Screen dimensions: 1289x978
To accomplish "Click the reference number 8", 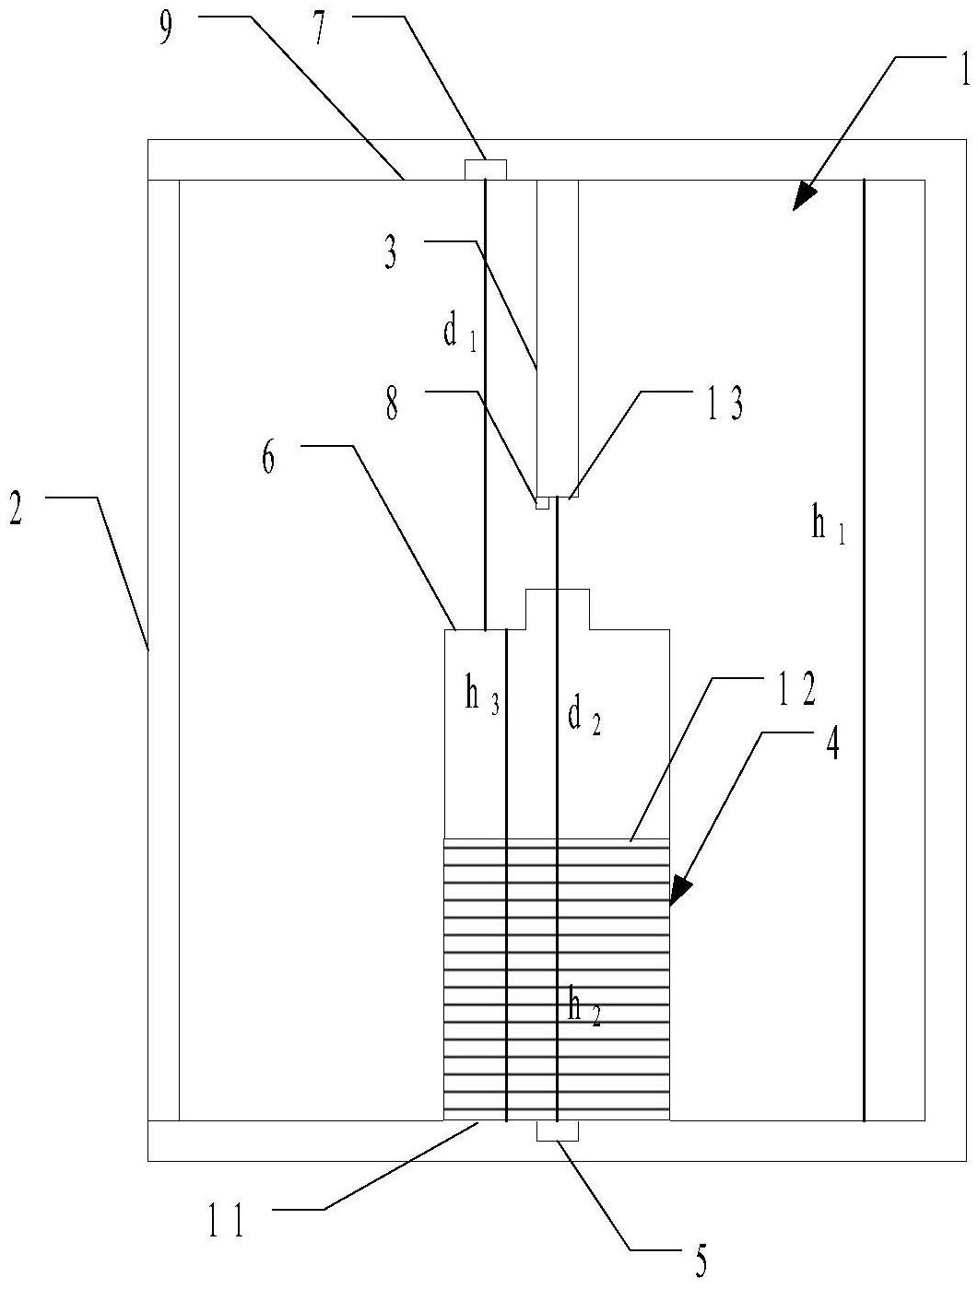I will (x=392, y=404).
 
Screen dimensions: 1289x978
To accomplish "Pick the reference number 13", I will (x=724, y=404).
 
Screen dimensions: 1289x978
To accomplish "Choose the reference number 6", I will (x=268, y=458).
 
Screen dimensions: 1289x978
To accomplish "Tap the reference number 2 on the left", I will (x=16, y=510).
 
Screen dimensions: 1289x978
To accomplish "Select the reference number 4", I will (x=831, y=744).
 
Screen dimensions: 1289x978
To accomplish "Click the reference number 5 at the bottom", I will (x=701, y=1261).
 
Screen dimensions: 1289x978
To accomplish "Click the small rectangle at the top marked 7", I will (x=485, y=170).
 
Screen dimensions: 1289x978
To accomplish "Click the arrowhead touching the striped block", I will (x=680, y=890).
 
